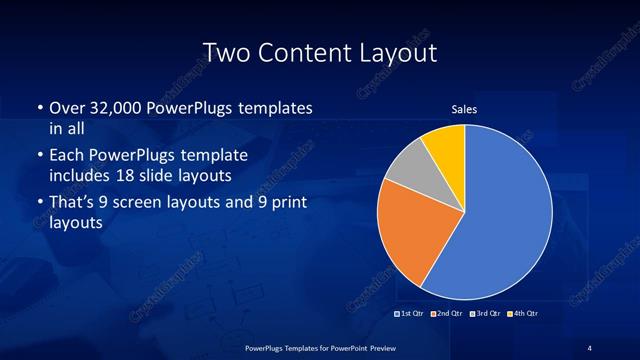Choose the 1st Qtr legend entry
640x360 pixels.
pyautogui.click(x=410, y=314)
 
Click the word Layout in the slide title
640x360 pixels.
pyautogui.click(x=397, y=52)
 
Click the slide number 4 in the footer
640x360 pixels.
pyautogui.click(x=589, y=347)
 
